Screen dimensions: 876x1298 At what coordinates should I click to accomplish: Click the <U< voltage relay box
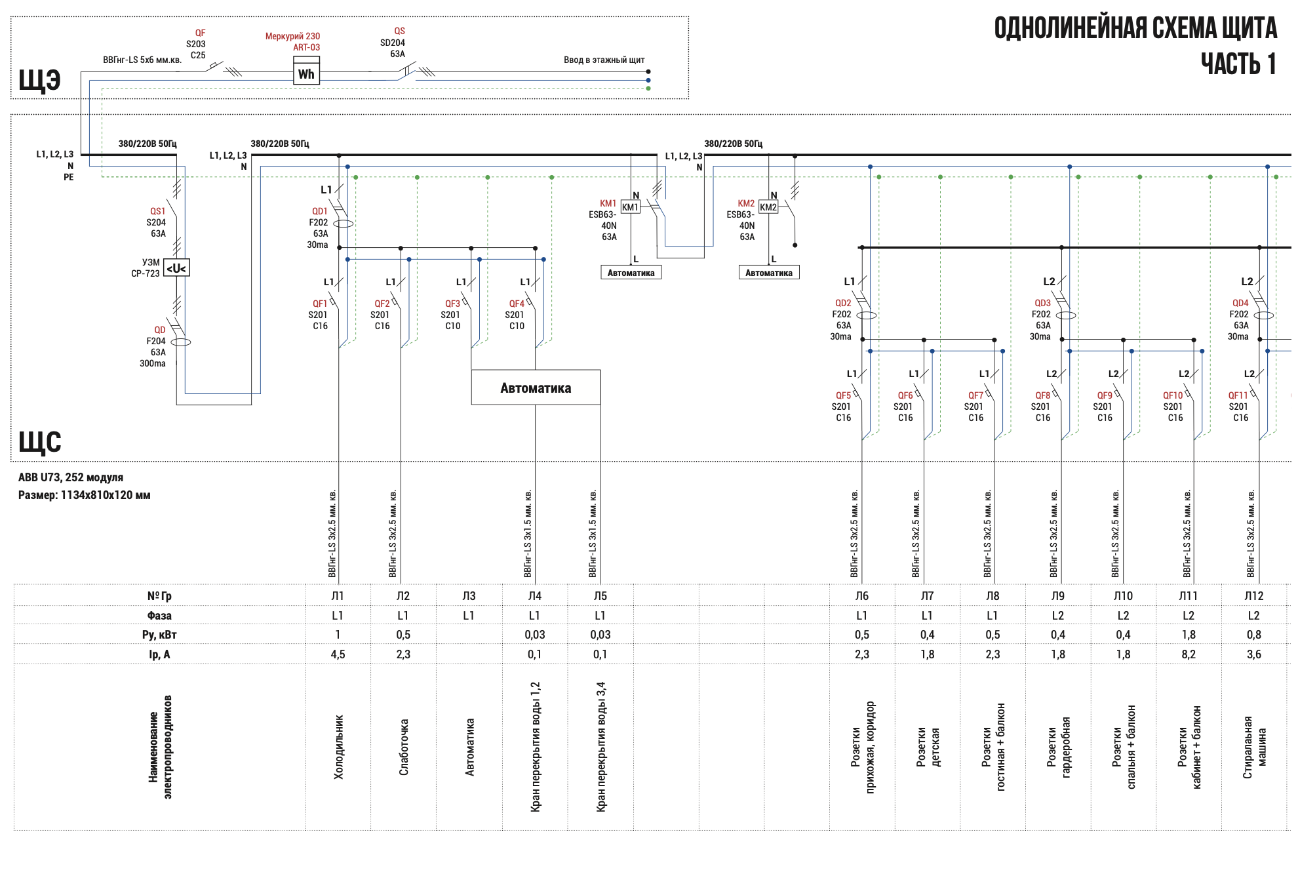click(176, 268)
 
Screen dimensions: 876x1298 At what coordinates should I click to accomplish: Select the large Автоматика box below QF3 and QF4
click(536, 388)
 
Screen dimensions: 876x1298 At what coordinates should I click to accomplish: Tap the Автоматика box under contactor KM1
click(631, 273)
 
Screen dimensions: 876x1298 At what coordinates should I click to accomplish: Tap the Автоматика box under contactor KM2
click(768, 273)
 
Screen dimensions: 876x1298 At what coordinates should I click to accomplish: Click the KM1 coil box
click(630, 207)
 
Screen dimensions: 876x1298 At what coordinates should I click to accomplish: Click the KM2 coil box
click(768, 207)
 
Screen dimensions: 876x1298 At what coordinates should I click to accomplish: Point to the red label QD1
click(319, 211)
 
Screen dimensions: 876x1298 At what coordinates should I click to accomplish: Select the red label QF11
click(1238, 395)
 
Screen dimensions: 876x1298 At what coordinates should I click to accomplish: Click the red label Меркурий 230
click(292, 36)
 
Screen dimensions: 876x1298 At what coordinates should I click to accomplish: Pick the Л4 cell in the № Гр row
click(535, 596)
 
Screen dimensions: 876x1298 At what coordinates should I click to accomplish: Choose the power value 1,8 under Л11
click(1188, 635)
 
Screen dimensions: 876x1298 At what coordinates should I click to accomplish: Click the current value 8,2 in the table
click(1188, 654)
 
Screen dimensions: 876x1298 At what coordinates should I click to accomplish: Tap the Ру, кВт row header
click(159, 635)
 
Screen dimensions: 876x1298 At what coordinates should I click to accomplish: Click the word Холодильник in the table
click(338, 747)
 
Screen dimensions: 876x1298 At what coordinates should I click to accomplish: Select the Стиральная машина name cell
click(1254, 747)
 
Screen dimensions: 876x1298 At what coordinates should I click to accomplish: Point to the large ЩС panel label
click(39, 441)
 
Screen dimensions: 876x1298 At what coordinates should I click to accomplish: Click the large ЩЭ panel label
click(39, 80)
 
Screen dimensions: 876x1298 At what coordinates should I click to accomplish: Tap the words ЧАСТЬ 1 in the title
click(1238, 64)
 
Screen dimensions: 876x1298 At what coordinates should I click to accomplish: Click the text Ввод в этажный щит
click(604, 60)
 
